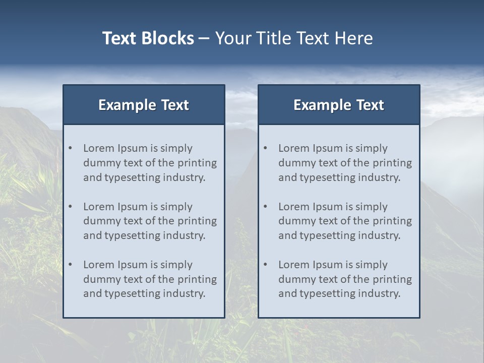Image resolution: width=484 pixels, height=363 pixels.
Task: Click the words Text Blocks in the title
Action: pos(148,38)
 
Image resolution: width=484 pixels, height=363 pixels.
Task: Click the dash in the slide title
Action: pos(204,38)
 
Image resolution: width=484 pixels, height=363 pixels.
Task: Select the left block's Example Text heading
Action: pos(144,105)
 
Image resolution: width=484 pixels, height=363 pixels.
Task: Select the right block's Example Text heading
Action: pos(339,105)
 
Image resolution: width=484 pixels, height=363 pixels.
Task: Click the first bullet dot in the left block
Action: pos(71,148)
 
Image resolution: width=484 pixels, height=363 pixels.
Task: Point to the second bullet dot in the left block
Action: pos(71,207)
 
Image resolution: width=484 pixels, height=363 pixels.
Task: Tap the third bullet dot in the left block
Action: pos(71,265)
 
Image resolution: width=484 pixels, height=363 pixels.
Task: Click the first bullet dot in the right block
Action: pos(266,148)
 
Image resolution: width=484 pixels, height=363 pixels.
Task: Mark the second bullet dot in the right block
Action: pos(266,207)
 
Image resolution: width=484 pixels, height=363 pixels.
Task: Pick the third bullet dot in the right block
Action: pos(266,265)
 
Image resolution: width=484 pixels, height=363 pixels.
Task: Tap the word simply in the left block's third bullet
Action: pos(177,265)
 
